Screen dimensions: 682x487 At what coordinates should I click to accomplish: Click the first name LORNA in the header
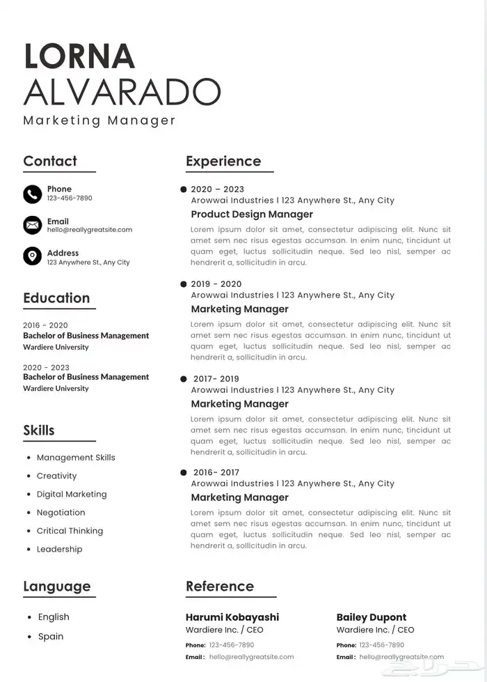click(79, 56)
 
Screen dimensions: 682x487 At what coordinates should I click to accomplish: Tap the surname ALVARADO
click(122, 91)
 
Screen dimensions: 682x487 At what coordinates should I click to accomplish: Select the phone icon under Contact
click(32, 194)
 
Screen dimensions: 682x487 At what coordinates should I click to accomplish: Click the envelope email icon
click(32, 225)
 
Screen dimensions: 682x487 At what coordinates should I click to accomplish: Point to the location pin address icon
click(32, 256)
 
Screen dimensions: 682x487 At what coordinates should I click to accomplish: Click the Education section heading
click(56, 298)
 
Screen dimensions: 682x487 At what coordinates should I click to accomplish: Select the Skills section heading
click(39, 431)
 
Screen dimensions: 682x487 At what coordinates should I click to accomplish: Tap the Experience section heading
click(223, 162)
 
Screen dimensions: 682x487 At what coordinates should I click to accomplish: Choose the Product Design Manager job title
click(252, 215)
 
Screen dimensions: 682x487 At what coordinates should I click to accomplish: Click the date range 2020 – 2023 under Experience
click(217, 189)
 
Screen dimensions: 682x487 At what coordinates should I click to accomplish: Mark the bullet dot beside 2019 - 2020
click(184, 284)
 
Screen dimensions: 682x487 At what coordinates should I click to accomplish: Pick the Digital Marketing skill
click(72, 495)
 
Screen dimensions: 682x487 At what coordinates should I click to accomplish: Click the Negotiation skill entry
click(61, 513)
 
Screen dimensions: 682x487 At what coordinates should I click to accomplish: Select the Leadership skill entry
click(59, 550)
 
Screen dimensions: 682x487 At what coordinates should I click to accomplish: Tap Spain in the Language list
click(51, 637)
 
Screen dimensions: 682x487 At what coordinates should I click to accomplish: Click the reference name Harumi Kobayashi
click(232, 617)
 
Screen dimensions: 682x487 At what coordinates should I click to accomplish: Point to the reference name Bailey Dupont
click(372, 617)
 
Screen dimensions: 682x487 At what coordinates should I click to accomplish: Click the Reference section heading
click(220, 587)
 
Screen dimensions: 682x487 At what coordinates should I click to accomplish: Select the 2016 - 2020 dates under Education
click(45, 325)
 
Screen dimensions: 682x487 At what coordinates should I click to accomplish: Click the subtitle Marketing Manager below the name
click(99, 121)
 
